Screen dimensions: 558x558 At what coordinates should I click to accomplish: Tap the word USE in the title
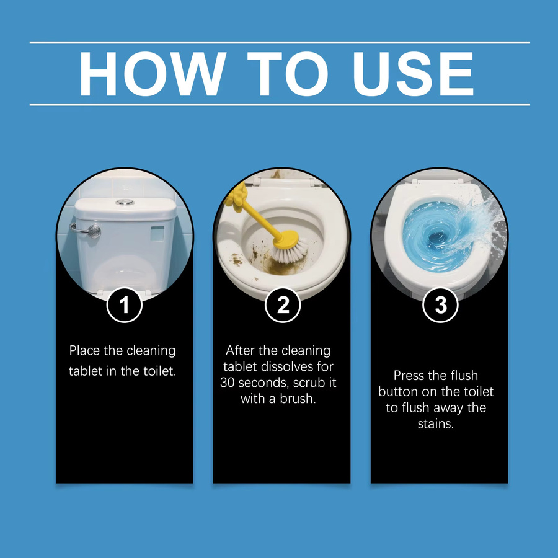[413, 74]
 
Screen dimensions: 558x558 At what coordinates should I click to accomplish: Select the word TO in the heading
[288, 74]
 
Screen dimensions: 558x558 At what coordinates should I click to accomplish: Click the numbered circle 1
[125, 305]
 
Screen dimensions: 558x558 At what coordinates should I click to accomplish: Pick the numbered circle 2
[283, 305]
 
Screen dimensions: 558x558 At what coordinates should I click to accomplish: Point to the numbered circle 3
[441, 305]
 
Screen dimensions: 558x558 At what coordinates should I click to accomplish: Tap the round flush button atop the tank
[125, 202]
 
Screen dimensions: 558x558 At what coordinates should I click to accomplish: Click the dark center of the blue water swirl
[437, 237]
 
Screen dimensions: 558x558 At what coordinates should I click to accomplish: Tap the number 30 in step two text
[228, 383]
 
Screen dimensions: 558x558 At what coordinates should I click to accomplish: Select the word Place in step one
[84, 350]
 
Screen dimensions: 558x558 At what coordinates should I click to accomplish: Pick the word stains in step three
[436, 424]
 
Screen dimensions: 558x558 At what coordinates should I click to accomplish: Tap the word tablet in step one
[86, 371]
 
